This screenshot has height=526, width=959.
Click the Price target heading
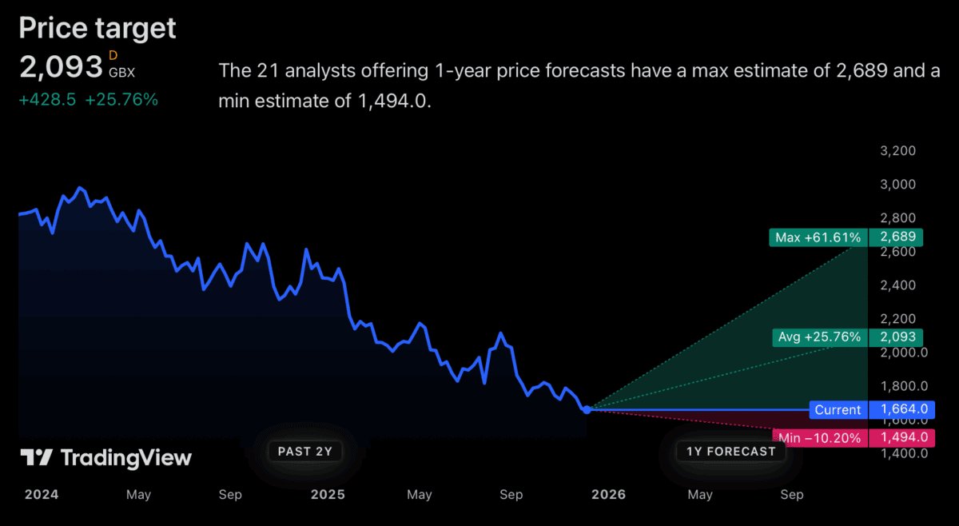point(97,28)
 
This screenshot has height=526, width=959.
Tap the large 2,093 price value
point(61,67)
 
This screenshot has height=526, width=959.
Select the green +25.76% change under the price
point(121,100)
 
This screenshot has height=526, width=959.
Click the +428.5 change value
point(48,100)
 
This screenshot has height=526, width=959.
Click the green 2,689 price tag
point(897,237)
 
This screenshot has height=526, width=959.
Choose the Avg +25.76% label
point(819,337)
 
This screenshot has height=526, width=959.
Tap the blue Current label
point(838,410)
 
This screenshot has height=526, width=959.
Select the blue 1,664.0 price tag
point(904,410)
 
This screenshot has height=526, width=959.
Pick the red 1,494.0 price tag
point(904,437)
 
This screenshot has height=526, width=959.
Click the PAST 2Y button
point(304,451)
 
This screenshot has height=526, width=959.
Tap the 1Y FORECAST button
point(731,451)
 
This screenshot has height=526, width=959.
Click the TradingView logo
point(106,458)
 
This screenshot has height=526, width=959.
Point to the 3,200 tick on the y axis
point(897,151)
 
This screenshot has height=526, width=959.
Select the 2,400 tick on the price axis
point(897,285)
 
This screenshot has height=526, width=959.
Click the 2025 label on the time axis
point(328,495)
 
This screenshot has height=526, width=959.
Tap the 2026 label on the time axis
point(608,495)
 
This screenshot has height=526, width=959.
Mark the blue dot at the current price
point(587,409)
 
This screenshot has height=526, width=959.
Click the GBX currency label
point(122,72)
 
